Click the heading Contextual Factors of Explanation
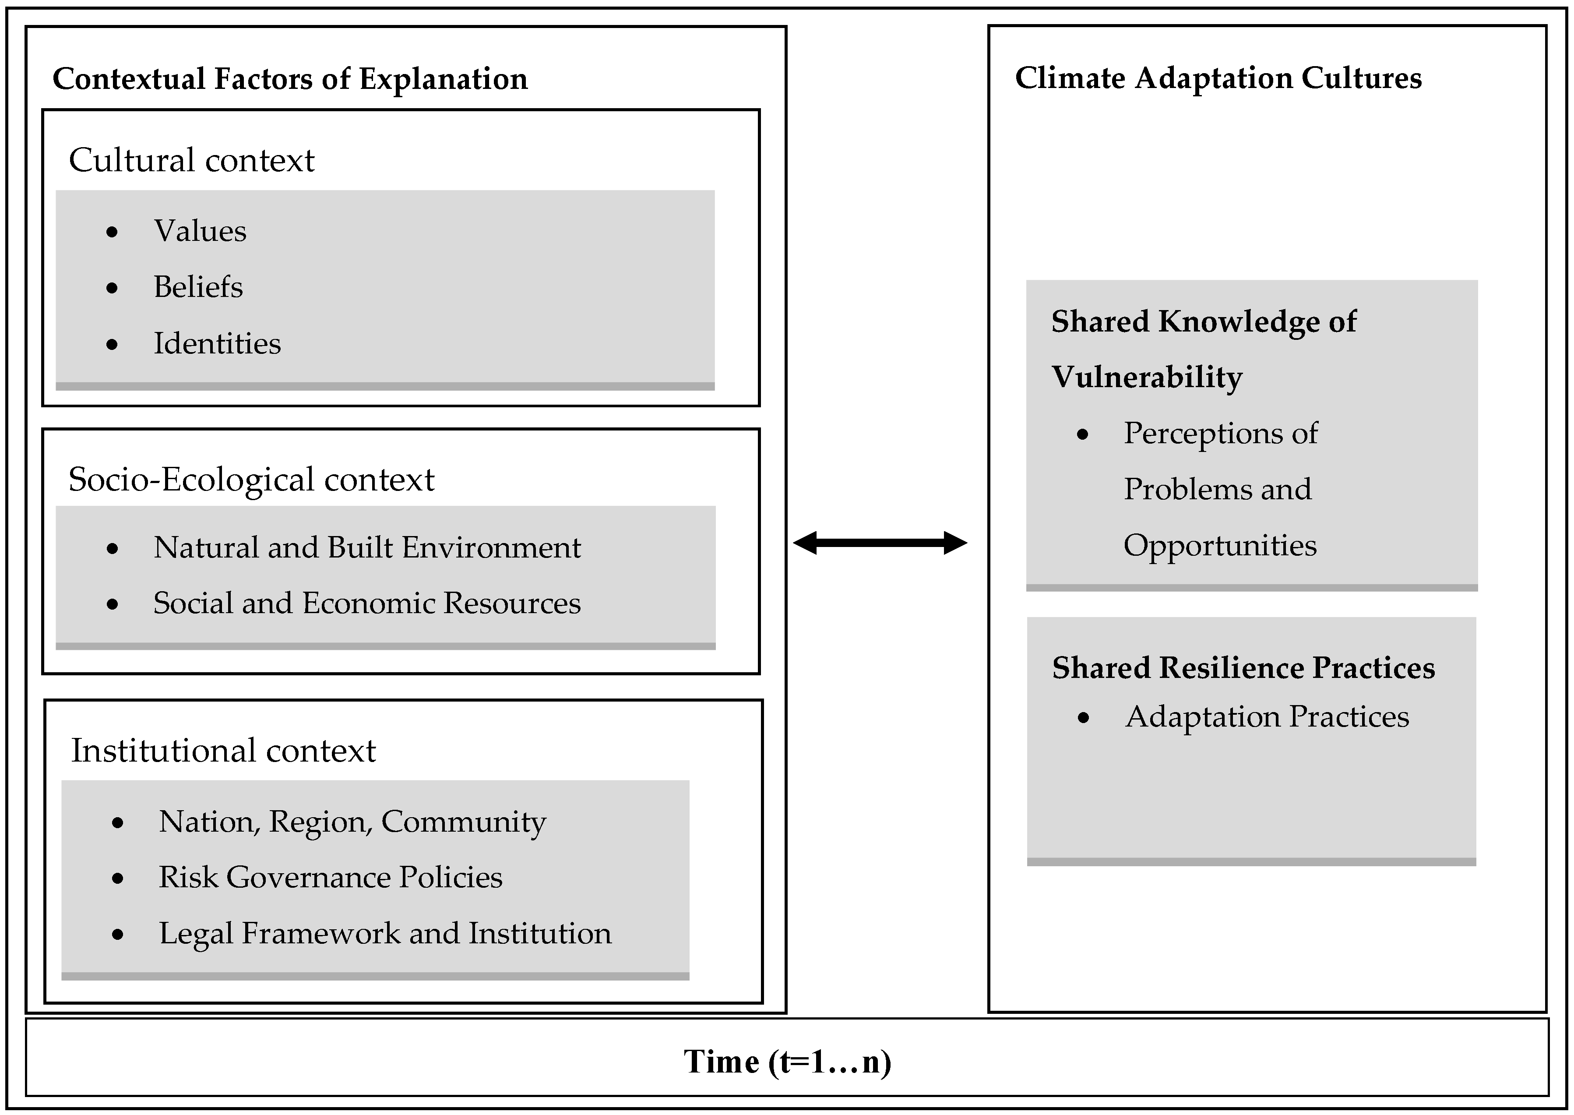(x=290, y=79)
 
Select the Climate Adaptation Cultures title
(x=1218, y=78)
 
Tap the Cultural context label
(x=191, y=161)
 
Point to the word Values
(x=200, y=231)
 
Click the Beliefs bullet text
(x=198, y=287)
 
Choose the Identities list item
(x=217, y=343)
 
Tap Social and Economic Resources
(x=366, y=603)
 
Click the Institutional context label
(x=223, y=751)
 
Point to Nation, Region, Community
(x=352, y=822)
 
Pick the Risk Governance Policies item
(x=330, y=878)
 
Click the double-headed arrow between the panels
(x=880, y=543)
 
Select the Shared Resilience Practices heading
(x=1243, y=668)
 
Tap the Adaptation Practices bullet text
(x=1267, y=717)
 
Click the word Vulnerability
(x=1146, y=378)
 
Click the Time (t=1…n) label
(x=787, y=1062)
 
